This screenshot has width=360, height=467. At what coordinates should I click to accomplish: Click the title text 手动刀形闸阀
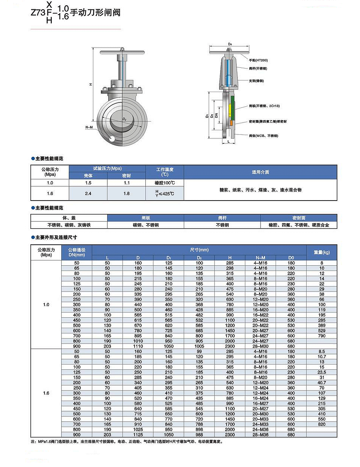95,12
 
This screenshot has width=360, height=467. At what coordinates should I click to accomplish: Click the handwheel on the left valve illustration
122,52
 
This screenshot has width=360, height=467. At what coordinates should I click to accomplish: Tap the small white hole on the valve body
111,139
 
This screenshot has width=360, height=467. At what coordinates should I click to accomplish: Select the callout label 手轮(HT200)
258,60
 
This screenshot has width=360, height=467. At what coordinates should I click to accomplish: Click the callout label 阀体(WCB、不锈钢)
263,136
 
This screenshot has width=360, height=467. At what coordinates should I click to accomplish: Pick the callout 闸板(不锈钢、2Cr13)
264,106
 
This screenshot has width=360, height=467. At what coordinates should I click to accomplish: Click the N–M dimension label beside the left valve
89,127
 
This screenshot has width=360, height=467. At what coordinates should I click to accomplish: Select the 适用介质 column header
260,172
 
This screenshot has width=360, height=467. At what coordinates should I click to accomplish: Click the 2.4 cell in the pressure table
88,193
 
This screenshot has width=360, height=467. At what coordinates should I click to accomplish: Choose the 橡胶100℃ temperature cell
164,183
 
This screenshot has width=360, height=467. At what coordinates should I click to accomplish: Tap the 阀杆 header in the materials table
222,218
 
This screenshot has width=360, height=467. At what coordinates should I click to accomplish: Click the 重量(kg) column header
321,252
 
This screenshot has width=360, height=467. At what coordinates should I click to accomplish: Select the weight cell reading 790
321,336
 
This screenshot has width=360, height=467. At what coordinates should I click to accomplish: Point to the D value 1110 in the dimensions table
138,347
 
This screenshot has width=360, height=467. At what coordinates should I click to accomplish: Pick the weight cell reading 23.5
321,372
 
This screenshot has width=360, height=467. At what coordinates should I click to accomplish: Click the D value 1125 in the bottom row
138,435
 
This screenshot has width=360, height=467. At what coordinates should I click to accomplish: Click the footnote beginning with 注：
127,442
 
